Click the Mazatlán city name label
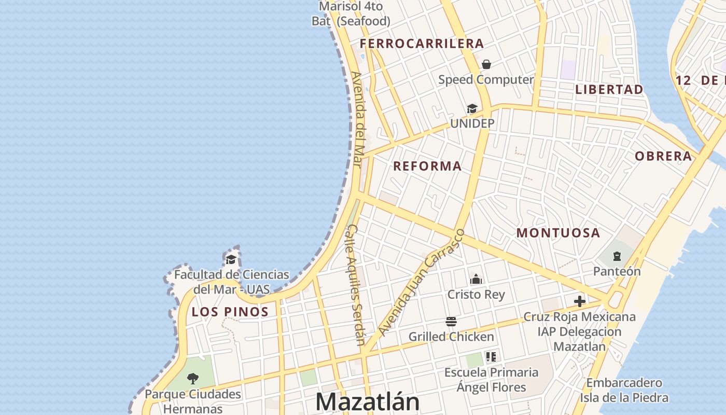[x=367, y=402]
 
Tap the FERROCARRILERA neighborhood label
[x=422, y=44]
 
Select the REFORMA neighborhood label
[x=427, y=166]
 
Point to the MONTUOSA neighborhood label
[x=558, y=233]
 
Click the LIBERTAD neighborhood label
[x=609, y=89]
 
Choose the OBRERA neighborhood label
[x=663, y=156]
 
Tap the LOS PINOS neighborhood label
[x=230, y=312]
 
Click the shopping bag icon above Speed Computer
[x=486, y=64]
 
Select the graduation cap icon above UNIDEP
[x=472, y=108]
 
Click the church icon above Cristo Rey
[x=476, y=280]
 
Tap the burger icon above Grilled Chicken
[x=451, y=322]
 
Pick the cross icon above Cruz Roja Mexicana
[x=579, y=301]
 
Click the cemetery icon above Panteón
[x=617, y=256]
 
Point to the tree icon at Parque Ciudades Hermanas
[x=193, y=378]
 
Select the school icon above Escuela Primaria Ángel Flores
[x=491, y=357]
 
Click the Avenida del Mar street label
[x=357, y=119]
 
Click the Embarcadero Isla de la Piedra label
[x=624, y=391]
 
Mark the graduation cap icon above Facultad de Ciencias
[x=231, y=259]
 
